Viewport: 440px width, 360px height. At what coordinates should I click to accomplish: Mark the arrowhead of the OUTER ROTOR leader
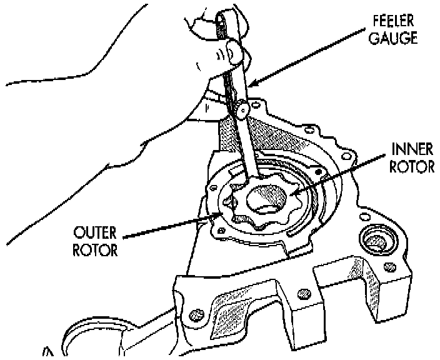(221, 214)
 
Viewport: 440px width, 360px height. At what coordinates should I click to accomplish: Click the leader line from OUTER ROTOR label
(169, 226)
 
